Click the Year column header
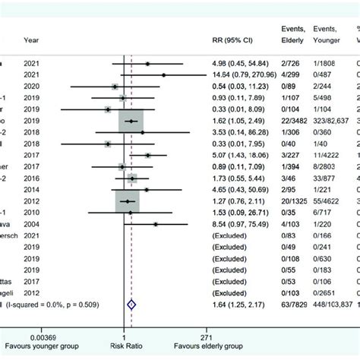coord(32,40)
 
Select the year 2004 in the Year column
coord(33,224)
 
